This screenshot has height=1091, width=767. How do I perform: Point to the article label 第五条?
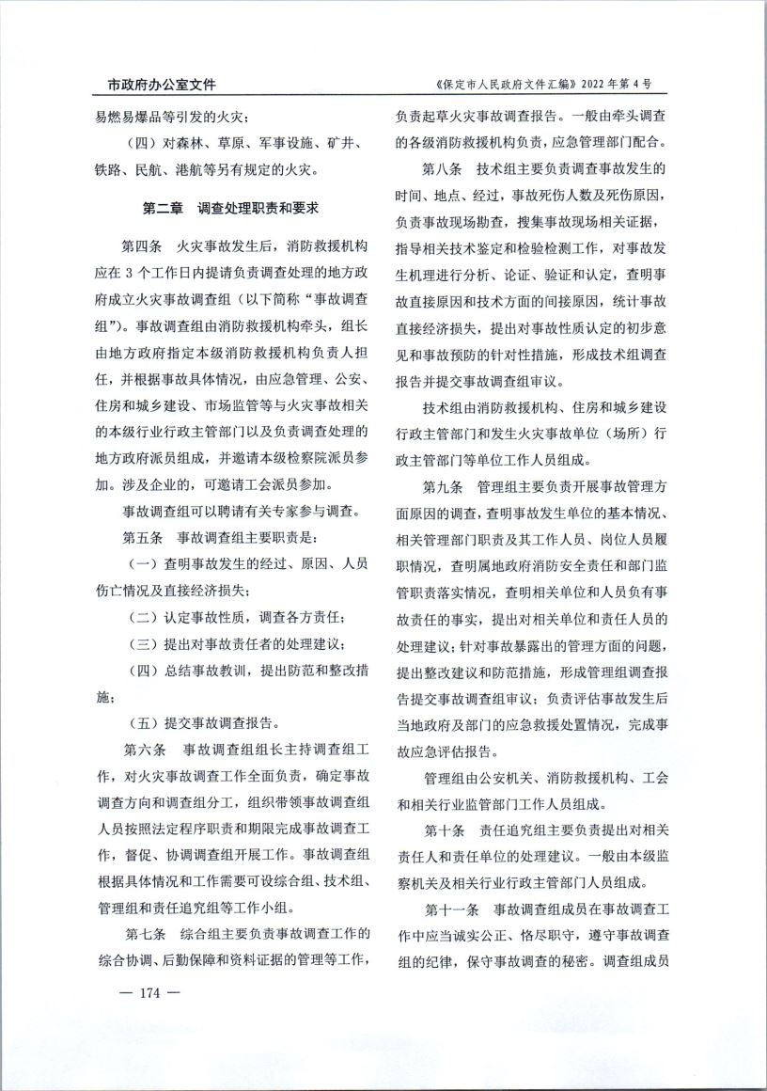pyautogui.click(x=143, y=539)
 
